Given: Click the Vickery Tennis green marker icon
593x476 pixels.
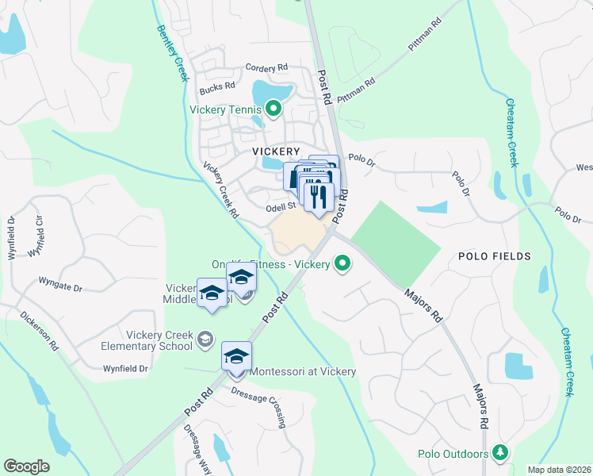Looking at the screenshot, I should tap(274, 109).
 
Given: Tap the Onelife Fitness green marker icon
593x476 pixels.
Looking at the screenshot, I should tap(342, 263).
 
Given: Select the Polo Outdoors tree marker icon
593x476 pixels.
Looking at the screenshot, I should tap(499, 453).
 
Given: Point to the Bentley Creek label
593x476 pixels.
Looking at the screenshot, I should tap(171, 52).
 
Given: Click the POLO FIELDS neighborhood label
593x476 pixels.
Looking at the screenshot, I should tap(494, 256).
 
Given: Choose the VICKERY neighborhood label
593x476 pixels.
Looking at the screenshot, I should tap(276, 151).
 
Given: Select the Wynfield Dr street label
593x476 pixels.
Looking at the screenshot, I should tap(125, 368).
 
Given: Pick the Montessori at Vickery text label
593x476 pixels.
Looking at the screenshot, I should tap(302, 371).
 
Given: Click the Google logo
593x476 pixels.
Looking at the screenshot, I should tap(26, 466).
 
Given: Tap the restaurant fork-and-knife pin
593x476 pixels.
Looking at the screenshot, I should tap(319, 195).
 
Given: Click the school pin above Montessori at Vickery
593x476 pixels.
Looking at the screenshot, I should tap(236, 355).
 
